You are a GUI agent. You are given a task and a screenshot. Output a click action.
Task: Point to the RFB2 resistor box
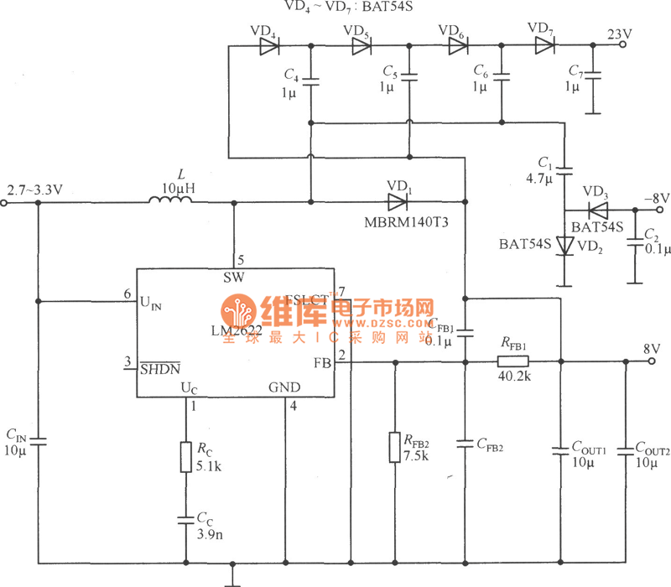[394, 447]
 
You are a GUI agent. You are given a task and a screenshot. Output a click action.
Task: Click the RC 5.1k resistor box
[185, 457]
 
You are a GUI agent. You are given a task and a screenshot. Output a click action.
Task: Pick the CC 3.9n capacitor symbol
[185, 519]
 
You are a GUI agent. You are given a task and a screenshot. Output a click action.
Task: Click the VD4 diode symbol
[268, 47]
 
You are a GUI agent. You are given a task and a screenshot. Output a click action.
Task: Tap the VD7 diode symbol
[544, 47]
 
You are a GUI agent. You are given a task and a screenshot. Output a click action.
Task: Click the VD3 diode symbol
[597, 210]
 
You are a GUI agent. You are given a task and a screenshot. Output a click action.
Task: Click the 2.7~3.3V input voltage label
[34, 190]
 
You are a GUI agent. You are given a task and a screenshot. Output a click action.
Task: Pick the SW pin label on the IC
[233, 277]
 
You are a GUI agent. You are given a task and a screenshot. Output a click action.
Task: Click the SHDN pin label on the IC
[159, 366]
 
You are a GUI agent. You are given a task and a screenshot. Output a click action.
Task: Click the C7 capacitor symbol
[593, 76]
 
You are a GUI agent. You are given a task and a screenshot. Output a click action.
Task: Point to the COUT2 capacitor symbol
[624, 450]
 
